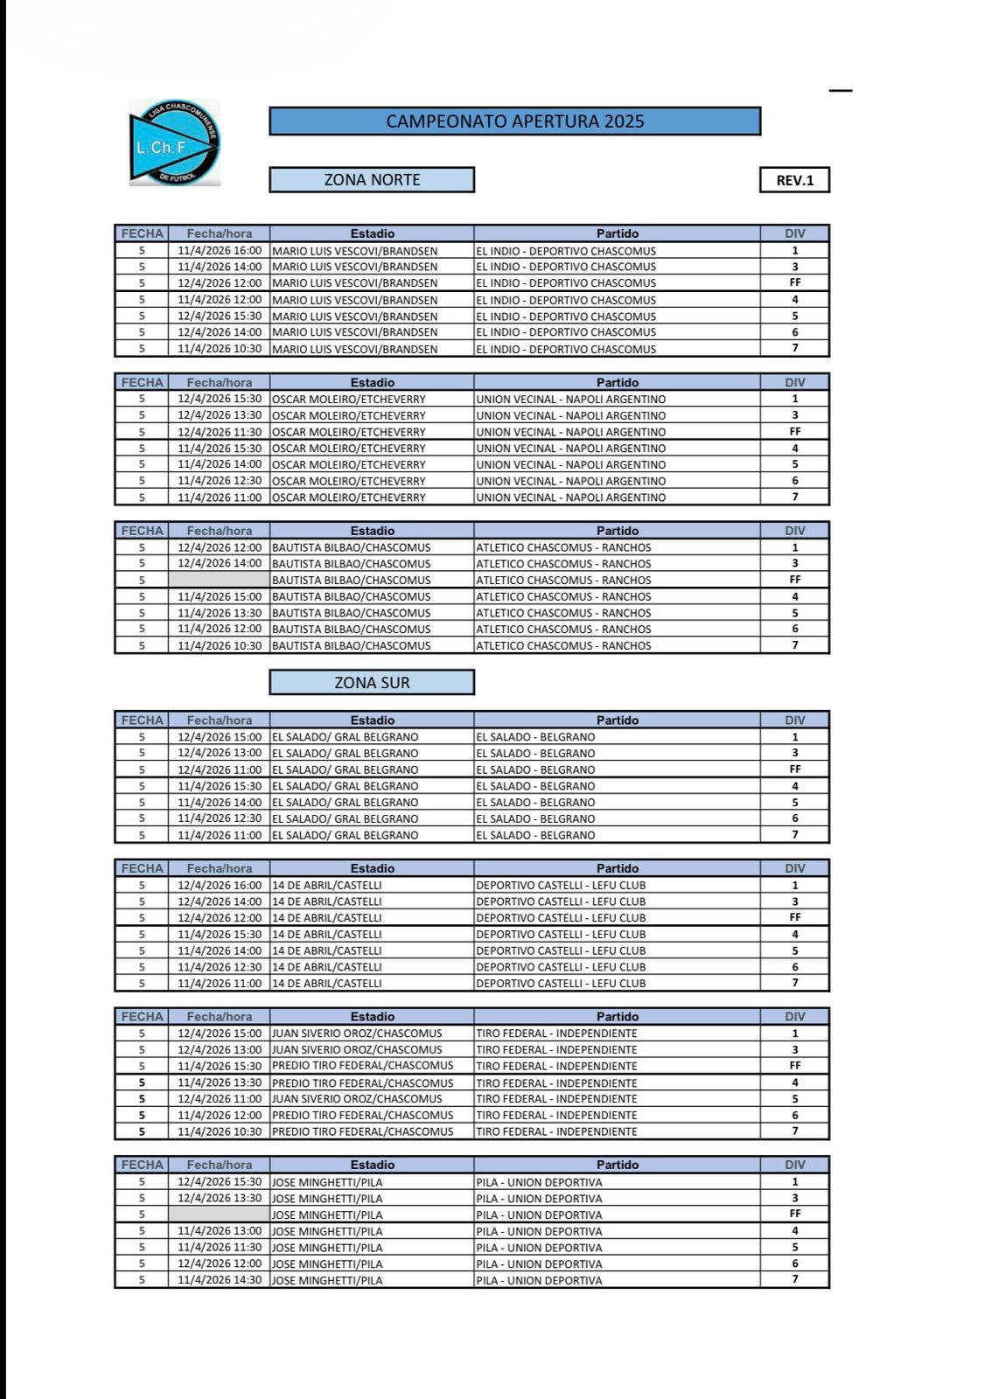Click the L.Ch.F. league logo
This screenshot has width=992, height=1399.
[174, 143]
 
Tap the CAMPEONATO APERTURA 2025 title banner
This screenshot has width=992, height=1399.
[514, 122]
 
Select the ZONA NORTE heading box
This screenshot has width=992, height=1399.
[372, 180]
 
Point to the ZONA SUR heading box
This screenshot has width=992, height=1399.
[372, 683]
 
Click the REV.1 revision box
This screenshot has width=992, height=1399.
[794, 180]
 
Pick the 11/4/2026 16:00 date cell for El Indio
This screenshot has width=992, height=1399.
[219, 251]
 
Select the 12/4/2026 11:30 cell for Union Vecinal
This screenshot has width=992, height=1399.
[219, 432]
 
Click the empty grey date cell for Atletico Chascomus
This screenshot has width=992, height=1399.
[219, 580]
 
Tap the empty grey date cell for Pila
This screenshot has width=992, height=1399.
[219, 1215]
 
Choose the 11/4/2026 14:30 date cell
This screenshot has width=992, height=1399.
[219, 1280]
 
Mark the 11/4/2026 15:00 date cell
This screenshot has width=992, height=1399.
[219, 596]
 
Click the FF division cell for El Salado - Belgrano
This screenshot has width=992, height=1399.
[794, 769]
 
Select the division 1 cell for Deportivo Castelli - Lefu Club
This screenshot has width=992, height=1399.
[794, 885]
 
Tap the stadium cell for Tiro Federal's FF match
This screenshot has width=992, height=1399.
[372, 1066]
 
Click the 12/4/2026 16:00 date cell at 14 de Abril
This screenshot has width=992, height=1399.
[219, 885]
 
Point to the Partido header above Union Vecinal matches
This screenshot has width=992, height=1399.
[617, 382]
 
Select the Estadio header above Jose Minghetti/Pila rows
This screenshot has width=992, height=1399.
[372, 1165]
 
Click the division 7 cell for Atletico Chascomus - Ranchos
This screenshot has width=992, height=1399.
[794, 645]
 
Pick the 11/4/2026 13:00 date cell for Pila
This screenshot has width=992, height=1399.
[219, 1231]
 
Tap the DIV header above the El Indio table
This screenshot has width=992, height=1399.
[794, 233]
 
